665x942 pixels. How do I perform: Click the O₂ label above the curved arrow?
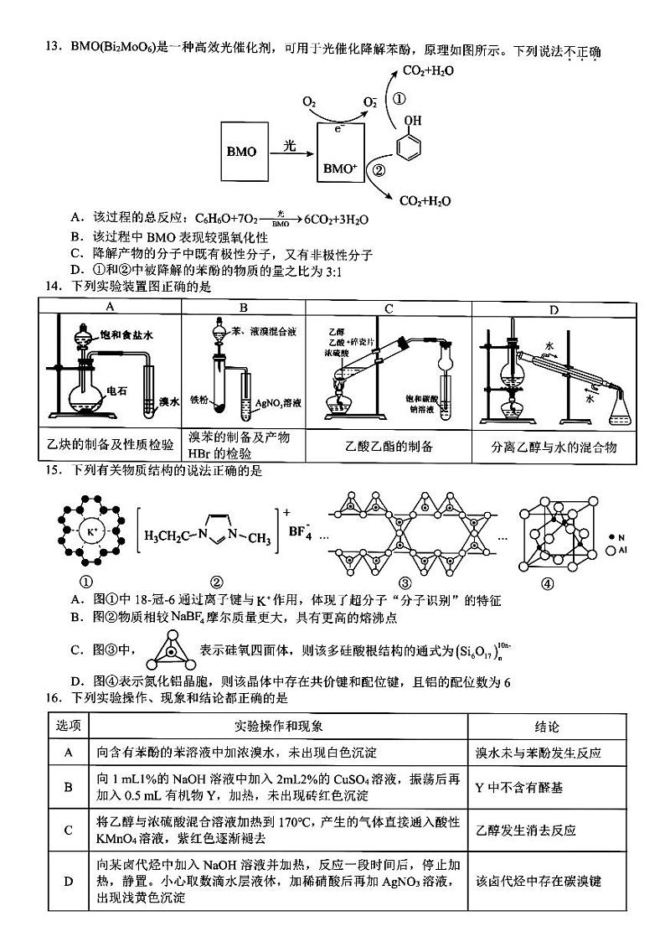click(x=309, y=102)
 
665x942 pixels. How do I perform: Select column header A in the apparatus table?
click(x=110, y=308)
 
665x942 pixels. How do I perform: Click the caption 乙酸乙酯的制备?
click(x=387, y=447)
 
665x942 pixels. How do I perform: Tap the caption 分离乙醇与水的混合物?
click(x=554, y=447)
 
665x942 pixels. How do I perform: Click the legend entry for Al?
click(x=619, y=551)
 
